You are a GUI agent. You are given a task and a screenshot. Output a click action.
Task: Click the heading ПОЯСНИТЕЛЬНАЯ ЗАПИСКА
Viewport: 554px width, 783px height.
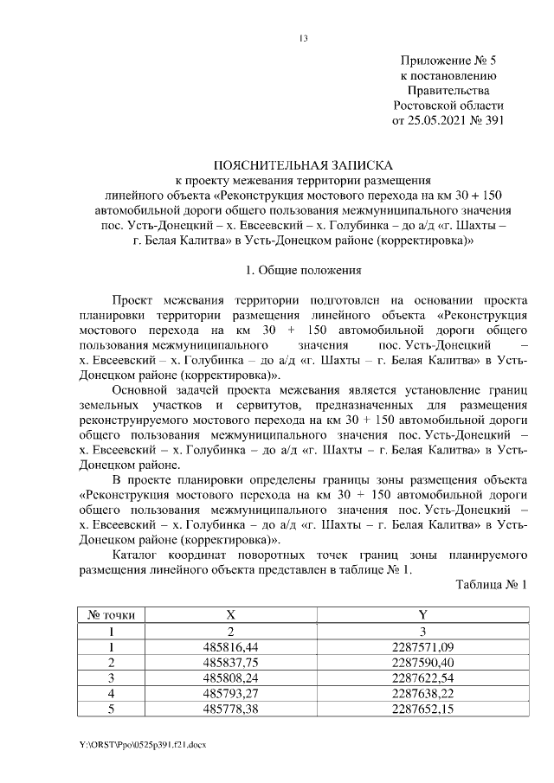pos(303,164)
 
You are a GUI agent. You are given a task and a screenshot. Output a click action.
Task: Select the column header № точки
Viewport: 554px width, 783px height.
pos(112,614)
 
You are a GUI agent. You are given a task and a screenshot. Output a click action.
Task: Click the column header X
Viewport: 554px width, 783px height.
pos(231,614)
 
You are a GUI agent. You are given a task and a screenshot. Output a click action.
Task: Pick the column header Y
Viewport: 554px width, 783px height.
pos(422,614)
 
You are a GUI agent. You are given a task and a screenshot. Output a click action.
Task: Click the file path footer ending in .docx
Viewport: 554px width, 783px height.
pos(144,743)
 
